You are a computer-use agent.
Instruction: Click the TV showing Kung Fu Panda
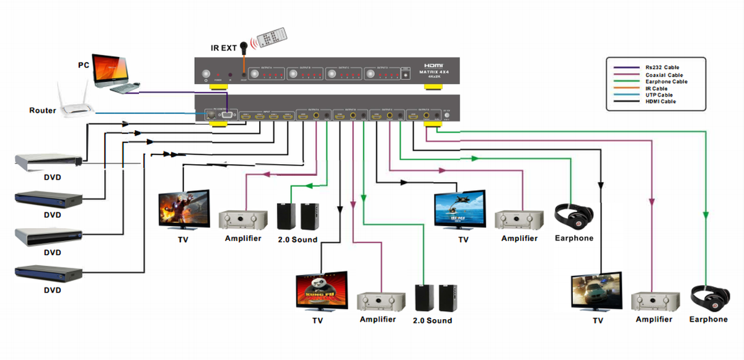[x=321, y=291]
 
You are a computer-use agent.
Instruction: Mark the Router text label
[x=43, y=111]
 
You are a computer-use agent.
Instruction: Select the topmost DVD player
[x=48, y=162]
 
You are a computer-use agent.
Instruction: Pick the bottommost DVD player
[x=48, y=272]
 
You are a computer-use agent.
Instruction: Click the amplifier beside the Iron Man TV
[x=242, y=219]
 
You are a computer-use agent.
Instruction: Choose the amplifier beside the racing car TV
[x=653, y=302]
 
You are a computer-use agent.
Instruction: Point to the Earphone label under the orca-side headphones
[x=573, y=238]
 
